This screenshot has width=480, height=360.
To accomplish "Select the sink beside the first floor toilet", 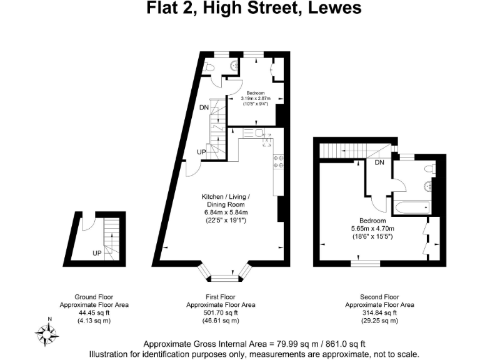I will point(233,66).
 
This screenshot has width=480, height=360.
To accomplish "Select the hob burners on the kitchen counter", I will point(278,161).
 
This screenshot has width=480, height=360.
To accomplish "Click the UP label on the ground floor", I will point(97,253).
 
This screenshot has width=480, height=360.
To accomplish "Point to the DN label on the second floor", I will point(379,163).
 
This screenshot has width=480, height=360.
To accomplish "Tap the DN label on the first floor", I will point(204,107).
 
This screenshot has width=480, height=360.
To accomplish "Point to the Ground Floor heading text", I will point(94,297).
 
